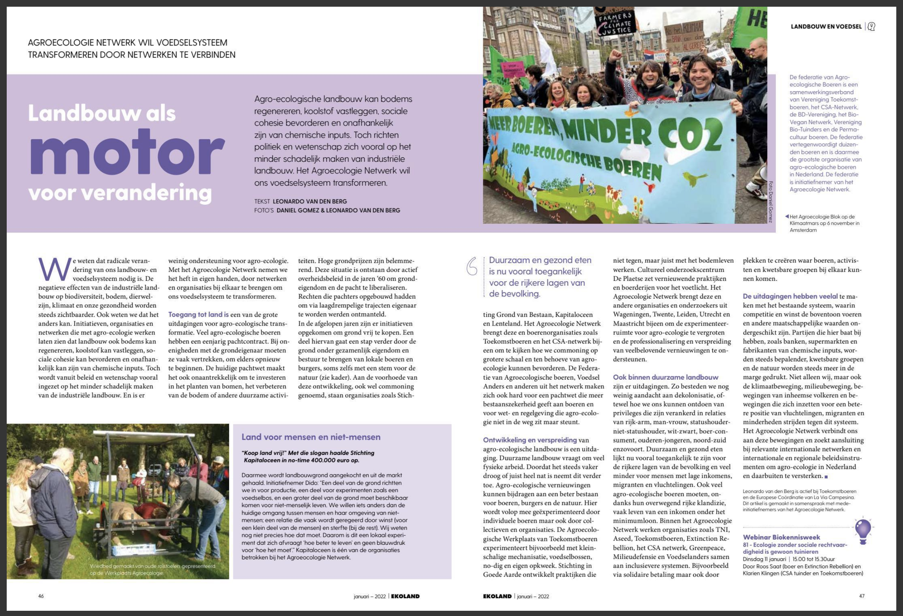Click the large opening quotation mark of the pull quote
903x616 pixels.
click(472, 267)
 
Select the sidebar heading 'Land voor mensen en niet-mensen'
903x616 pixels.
click(311, 437)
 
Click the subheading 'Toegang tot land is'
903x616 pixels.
click(199, 315)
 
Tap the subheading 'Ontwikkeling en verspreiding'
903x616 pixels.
click(530, 440)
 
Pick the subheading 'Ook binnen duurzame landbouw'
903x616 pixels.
click(666, 377)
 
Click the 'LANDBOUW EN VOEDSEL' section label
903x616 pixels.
click(826, 27)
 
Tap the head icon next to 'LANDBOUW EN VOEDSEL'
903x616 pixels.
click(872, 27)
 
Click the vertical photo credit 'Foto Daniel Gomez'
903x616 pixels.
click(771, 202)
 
